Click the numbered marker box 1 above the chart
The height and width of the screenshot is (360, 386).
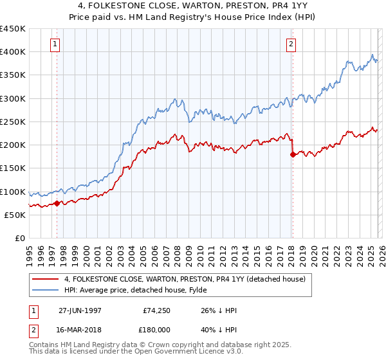click(x=56, y=44)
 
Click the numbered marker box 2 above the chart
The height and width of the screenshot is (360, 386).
click(x=291, y=44)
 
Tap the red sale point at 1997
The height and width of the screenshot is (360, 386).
click(x=57, y=203)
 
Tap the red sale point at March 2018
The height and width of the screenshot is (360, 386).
click(x=293, y=154)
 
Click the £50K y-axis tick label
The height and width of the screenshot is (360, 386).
click(x=15, y=215)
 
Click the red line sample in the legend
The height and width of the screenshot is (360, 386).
click(x=45, y=279)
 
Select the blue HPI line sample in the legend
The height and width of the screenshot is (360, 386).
click(x=45, y=290)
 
